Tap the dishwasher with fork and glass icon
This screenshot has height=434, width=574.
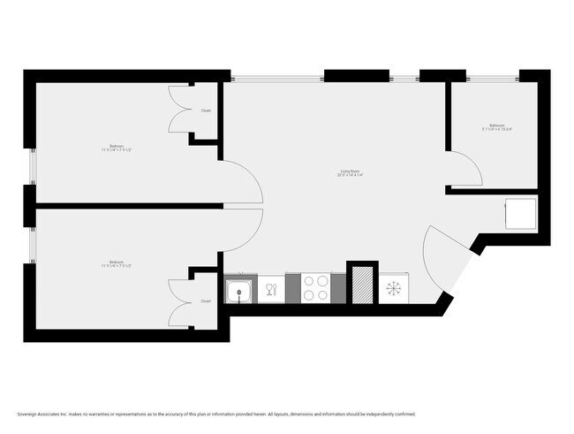tap(272, 289)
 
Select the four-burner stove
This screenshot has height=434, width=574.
tap(317, 289)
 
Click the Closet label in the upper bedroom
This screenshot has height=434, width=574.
tap(206, 111)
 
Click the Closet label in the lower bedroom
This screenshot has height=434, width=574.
tap(206, 301)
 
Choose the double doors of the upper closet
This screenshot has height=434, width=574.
tap(180, 111)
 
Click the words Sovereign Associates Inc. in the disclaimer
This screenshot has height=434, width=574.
tap(45, 414)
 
